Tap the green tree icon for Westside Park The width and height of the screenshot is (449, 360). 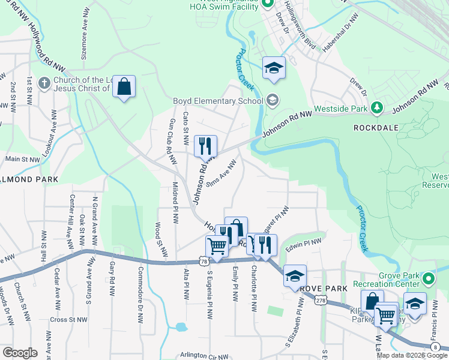coord(377,107)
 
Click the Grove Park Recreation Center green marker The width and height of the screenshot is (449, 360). coord(428,279)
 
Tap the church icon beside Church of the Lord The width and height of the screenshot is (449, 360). coord(43,83)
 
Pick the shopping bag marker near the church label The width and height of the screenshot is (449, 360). coord(124,87)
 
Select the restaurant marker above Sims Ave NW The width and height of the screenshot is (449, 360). coord(205,145)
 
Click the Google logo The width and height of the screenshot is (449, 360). coord(19,353)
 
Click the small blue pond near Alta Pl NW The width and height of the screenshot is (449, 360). coord(179,328)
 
